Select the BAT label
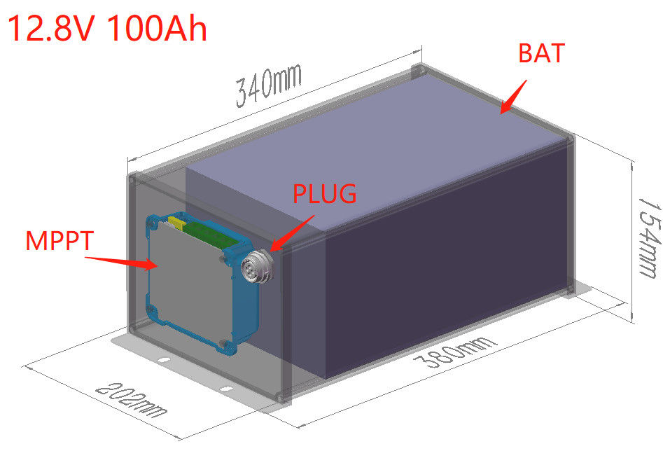coord(540,53)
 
